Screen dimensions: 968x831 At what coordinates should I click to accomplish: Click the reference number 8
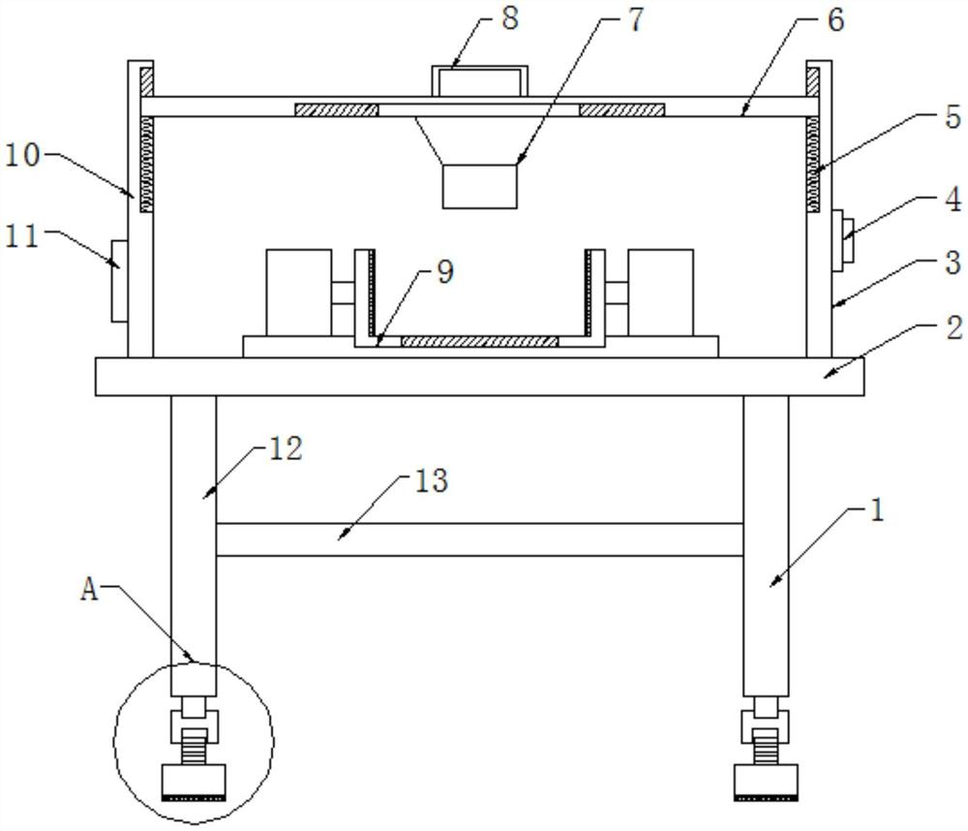click(x=510, y=17)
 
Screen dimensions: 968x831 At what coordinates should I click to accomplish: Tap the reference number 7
click(x=635, y=19)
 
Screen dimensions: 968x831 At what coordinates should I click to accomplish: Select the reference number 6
click(x=835, y=19)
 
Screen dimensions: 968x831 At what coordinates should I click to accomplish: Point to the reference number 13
click(x=431, y=480)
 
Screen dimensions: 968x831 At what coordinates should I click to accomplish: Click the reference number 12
click(x=286, y=448)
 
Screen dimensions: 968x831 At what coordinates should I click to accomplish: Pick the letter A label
click(x=89, y=590)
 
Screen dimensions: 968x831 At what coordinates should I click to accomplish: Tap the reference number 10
click(x=23, y=154)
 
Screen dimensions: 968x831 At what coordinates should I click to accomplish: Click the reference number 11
click(x=22, y=235)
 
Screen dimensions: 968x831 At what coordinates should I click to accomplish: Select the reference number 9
click(x=445, y=272)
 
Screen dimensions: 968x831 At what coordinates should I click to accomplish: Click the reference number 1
click(x=877, y=510)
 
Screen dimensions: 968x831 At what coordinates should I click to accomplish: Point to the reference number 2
click(x=954, y=326)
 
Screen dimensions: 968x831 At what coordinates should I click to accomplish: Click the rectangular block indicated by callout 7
click(x=480, y=186)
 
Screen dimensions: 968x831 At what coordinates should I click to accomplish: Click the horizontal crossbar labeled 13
click(x=480, y=539)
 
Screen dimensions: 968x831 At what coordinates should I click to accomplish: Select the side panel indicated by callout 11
click(x=120, y=281)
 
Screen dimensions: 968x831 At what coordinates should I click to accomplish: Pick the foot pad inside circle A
click(x=194, y=783)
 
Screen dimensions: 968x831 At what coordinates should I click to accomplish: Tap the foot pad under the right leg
click(x=766, y=783)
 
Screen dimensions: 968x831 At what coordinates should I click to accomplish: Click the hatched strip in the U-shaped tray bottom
click(x=480, y=341)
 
